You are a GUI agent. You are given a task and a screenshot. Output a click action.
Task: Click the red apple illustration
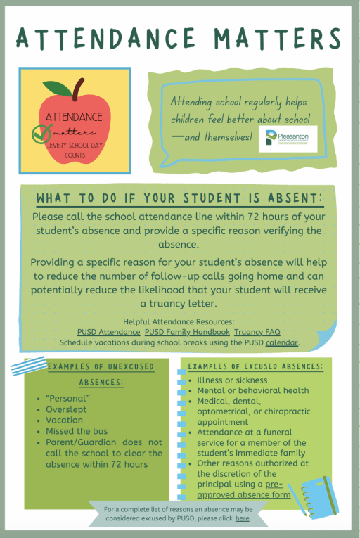click(75, 127)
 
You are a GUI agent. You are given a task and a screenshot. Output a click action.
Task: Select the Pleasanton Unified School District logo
click(288, 140)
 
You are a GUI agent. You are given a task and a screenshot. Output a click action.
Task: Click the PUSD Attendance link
click(109, 332)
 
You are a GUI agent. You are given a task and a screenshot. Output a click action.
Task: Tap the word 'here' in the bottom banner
click(242, 518)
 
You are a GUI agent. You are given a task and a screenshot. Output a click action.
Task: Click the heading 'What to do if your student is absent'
click(179, 196)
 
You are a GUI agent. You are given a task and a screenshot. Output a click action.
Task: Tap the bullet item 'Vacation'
click(64, 420)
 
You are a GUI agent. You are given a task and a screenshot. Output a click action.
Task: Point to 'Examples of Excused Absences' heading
click(255, 366)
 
